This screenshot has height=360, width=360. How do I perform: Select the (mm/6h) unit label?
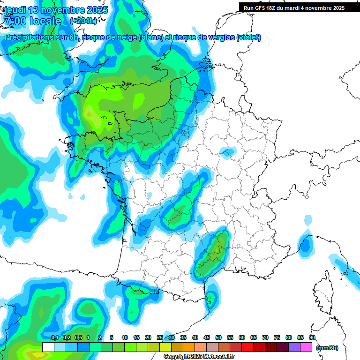coord(327,347)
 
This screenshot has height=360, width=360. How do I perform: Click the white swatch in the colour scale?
coord(48,347)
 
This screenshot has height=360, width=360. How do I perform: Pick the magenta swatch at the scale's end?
coord(306,347)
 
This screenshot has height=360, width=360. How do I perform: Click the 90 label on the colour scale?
coord(312,337)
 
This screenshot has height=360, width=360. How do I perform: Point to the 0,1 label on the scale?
coord(54,337)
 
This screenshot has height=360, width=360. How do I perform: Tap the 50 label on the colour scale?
coord(218,337)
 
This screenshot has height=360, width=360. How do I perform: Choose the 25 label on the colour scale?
coord(160,337)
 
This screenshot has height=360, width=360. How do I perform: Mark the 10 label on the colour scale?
coord(125,337)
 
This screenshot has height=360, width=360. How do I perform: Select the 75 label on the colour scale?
coord(277,337)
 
